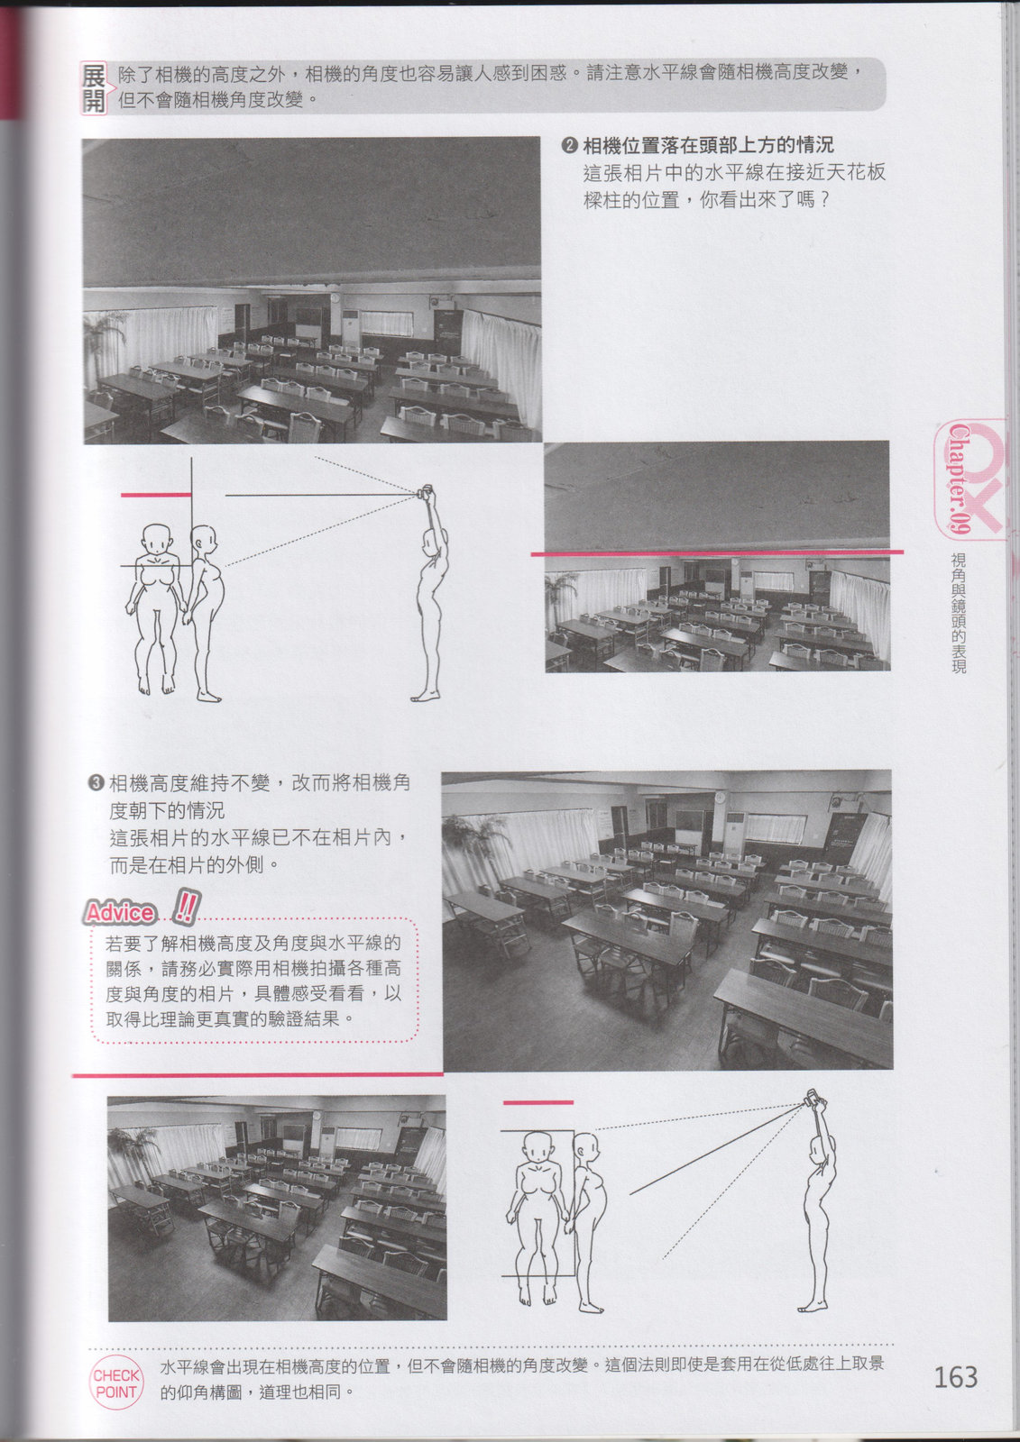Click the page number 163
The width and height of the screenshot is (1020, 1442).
(x=956, y=1377)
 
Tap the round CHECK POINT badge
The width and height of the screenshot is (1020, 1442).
(x=116, y=1383)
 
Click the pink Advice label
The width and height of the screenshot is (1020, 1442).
(x=120, y=912)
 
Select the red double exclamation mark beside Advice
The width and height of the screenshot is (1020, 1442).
(x=187, y=907)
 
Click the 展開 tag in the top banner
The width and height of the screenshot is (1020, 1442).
(x=94, y=88)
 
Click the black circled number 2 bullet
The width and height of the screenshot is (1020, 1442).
(x=569, y=146)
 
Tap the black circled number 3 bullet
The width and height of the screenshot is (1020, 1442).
(x=96, y=783)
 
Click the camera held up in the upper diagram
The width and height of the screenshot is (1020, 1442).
(x=424, y=492)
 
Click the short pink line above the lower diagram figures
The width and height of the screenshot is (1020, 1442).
(x=538, y=1103)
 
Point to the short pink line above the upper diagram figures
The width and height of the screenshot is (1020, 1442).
(x=156, y=495)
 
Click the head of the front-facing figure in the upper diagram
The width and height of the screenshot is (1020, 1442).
(x=157, y=539)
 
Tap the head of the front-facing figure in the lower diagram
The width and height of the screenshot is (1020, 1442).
(x=538, y=1146)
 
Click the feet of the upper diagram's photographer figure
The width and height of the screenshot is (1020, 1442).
(x=426, y=695)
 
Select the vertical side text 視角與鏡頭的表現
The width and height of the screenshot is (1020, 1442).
(x=959, y=614)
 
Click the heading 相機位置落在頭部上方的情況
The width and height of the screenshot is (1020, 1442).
(x=708, y=145)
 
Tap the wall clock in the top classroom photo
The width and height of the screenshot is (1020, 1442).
(x=336, y=298)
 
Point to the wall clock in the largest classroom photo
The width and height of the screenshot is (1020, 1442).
(x=719, y=797)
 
